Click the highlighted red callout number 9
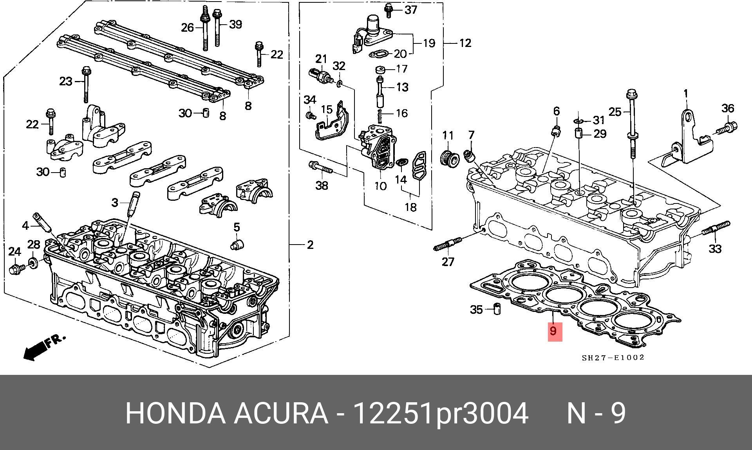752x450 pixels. [x=553, y=331]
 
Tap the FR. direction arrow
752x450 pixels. [x=43, y=347]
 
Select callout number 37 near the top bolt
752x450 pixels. [x=410, y=9]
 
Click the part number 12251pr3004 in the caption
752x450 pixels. [x=440, y=413]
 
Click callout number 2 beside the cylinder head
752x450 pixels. [x=310, y=245]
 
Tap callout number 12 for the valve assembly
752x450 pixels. [x=465, y=43]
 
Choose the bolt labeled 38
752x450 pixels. [x=320, y=168]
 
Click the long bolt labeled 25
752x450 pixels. [x=631, y=125]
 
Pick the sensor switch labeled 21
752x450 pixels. [x=320, y=76]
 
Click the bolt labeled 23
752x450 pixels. [x=85, y=84]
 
